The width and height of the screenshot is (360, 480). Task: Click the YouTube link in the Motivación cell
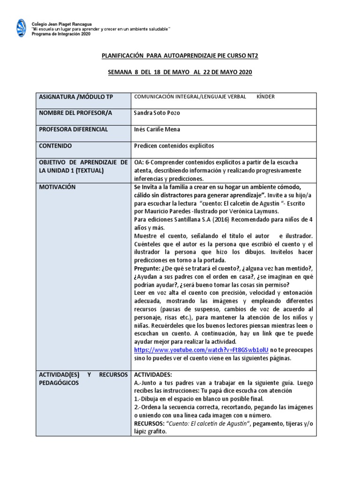pyautogui.click(x=201, y=350)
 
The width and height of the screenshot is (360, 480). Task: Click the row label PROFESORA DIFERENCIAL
pyautogui.click(x=73, y=129)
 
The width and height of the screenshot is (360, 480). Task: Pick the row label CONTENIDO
pyautogui.click(x=55, y=146)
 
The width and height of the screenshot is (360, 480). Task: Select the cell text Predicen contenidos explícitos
pyautogui.click(x=173, y=146)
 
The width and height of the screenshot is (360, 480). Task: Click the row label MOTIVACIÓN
pyautogui.click(x=57, y=187)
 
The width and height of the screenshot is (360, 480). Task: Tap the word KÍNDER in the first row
pyautogui.click(x=265, y=97)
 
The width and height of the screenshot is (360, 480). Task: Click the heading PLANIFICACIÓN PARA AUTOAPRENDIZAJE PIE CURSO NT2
pyautogui.click(x=180, y=56)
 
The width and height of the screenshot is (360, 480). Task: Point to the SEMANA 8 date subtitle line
pyautogui.click(x=180, y=72)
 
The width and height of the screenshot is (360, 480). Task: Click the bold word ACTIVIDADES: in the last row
pyautogui.click(x=154, y=375)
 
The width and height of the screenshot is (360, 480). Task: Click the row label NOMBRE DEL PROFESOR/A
pyautogui.click(x=75, y=113)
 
